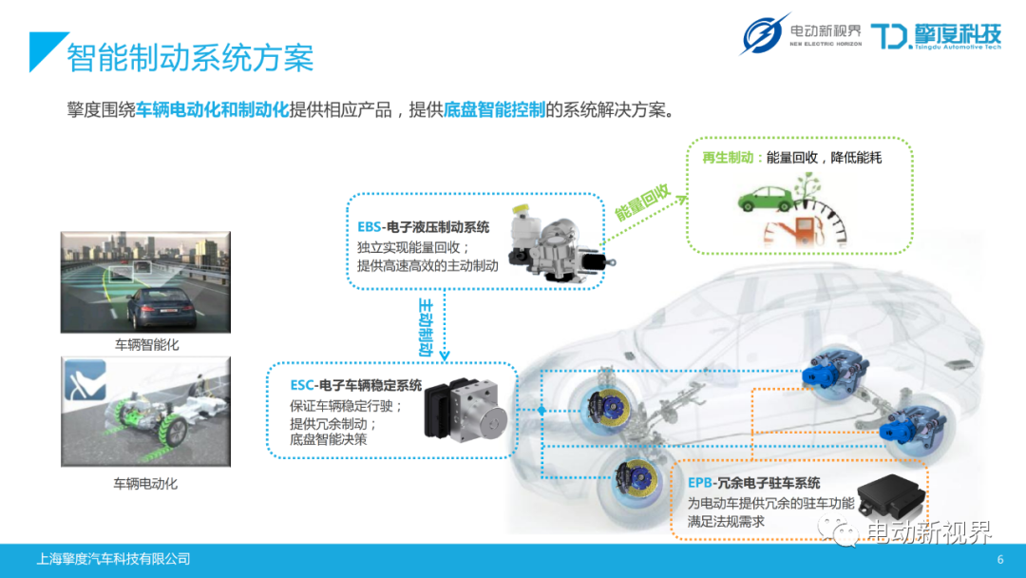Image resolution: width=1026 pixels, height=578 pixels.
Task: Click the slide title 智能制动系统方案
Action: point(190,59)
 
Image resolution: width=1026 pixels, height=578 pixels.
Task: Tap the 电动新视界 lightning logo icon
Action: point(765,35)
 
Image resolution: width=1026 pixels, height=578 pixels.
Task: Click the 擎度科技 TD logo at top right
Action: point(936,36)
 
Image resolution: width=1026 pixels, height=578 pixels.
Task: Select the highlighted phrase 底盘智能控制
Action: point(494,109)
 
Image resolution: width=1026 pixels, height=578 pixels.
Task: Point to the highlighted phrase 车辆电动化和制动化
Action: point(212,109)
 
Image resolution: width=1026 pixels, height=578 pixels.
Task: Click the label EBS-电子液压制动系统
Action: point(424,227)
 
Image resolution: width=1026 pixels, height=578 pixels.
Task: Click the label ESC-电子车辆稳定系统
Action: point(356,385)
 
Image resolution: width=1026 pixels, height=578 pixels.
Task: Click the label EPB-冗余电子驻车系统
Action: point(753,483)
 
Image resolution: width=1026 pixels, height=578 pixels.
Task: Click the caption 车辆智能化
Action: point(146,345)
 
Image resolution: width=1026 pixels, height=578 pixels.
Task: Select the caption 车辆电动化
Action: point(145,483)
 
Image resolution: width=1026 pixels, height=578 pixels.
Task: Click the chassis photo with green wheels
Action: point(145,412)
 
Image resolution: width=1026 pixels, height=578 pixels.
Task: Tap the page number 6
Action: point(999,559)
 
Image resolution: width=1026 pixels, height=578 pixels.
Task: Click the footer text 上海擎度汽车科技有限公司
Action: point(113,559)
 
